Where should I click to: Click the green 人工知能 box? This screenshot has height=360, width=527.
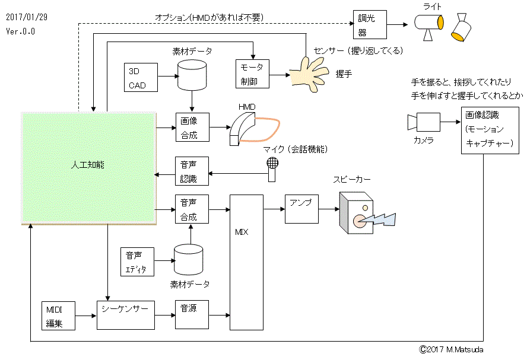pyautogui.click(x=89, y=168)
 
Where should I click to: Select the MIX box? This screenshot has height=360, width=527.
pyautogui.click(x=246, y=261)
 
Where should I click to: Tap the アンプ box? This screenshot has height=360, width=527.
pyautogui.click(x=301, y=209)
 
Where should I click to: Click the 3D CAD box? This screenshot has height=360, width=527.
pyautogui.click(x=142, y=77)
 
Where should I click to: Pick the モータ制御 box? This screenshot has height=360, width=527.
pyautogui.click(x=253, y=74)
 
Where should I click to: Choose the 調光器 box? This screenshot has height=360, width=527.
pyautogui.click(x=370, y=24)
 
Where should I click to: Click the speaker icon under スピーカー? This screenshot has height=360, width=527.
pyautogui.click(x=359, y=216)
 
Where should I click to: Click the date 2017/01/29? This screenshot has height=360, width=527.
pyautogui.click(x=27, y=17)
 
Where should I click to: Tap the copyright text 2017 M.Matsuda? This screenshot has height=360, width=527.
pyautogui.click(x=451, y=349)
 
